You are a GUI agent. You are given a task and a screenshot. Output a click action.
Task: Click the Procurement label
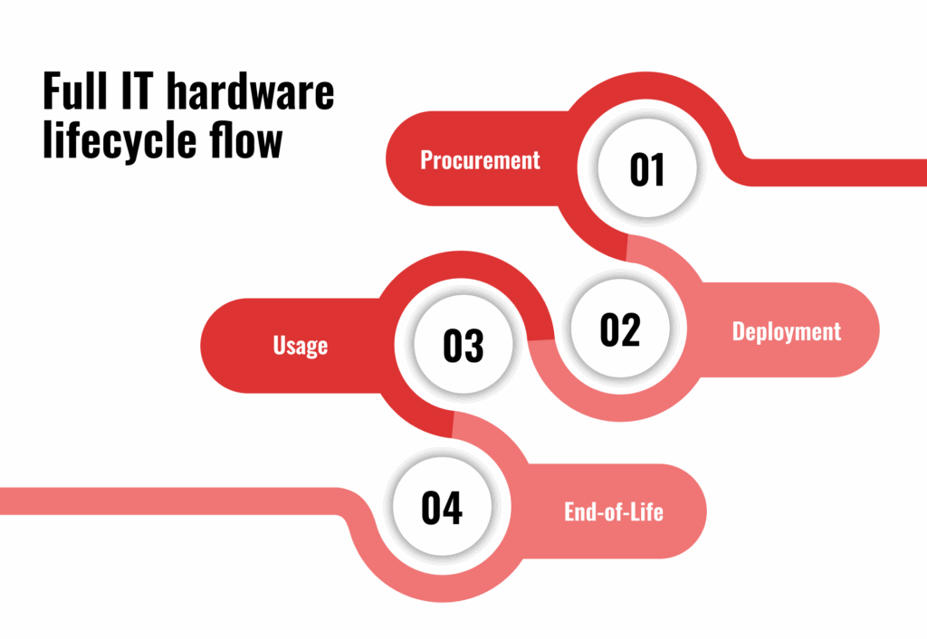pos(480,159)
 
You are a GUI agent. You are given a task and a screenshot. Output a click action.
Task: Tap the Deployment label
pos(787,331)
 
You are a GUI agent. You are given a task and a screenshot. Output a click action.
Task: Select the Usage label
pos(301,346)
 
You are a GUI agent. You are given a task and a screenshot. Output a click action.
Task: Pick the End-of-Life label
pos(614,512)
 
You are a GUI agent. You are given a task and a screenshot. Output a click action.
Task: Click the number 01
pos(646,169)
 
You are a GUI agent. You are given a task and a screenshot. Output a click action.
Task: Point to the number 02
pos(619,329)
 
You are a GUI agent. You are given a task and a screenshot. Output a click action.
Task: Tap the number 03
pos(463,346)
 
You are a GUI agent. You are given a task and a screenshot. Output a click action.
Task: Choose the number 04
pos(442,508)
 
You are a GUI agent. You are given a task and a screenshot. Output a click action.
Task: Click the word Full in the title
pos(75,91)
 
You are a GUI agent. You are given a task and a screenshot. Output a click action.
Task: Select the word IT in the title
pos(138,91)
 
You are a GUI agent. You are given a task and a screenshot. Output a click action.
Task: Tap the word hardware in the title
pos(251,91)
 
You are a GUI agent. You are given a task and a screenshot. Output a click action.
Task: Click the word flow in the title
pos(246,139)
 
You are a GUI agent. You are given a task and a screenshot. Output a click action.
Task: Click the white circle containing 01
pos(646,167)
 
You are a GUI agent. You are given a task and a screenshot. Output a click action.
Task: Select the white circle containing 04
pos(442,507)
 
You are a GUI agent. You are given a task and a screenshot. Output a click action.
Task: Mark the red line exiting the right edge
pos(834,173)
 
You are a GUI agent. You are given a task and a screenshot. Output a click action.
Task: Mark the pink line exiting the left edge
pos(171,501)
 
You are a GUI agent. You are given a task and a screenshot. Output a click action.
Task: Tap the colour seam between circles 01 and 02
pos(626,248)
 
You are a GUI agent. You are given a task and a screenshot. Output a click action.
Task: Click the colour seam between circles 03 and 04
pos(453,424)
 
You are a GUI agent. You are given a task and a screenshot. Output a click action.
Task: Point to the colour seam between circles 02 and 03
pos(541,340)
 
